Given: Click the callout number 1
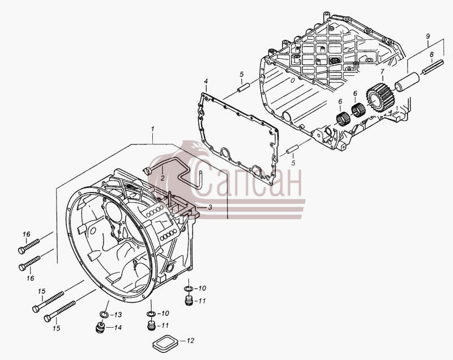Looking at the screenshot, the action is pyautogui.click(x=152, y=129).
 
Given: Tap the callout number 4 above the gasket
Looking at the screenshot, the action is pyautogui.click(x=206, y=81).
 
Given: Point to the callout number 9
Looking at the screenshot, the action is pyautogui.click(x=428, y=36).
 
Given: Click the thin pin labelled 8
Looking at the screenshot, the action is pyautogui.click(x=433, y=66).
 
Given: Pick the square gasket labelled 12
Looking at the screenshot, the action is pyautogui.click(x=165, y=343).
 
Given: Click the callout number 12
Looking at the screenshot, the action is pyautogui.click(x=190, y=341).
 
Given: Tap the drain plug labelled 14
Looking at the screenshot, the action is pyautogui.click(x=100, y=327).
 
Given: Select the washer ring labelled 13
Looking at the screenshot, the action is pyautogui.click(x=104, y=315).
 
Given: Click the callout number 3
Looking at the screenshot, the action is pyautogui.click(x=210, y=207).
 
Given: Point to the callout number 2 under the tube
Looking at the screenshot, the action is pyautogui.click(x=163, y=178).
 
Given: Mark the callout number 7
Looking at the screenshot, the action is pyautogui.click(x=382, y=71).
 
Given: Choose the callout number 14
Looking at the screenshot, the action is pyautogui.click(x=117, y=328).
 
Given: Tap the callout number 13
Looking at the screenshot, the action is pyautogui.click(x=118, y=315).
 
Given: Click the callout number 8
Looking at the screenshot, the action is pyautogui.click(x=431, y=54).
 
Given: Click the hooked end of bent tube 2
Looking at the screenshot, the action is pyautogui.click(x=147, y=170).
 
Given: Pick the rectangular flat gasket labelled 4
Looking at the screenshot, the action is pyautogui.click(x=238, y=139).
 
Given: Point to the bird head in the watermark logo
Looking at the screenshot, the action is pyautogui.click(x=194, y=147).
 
